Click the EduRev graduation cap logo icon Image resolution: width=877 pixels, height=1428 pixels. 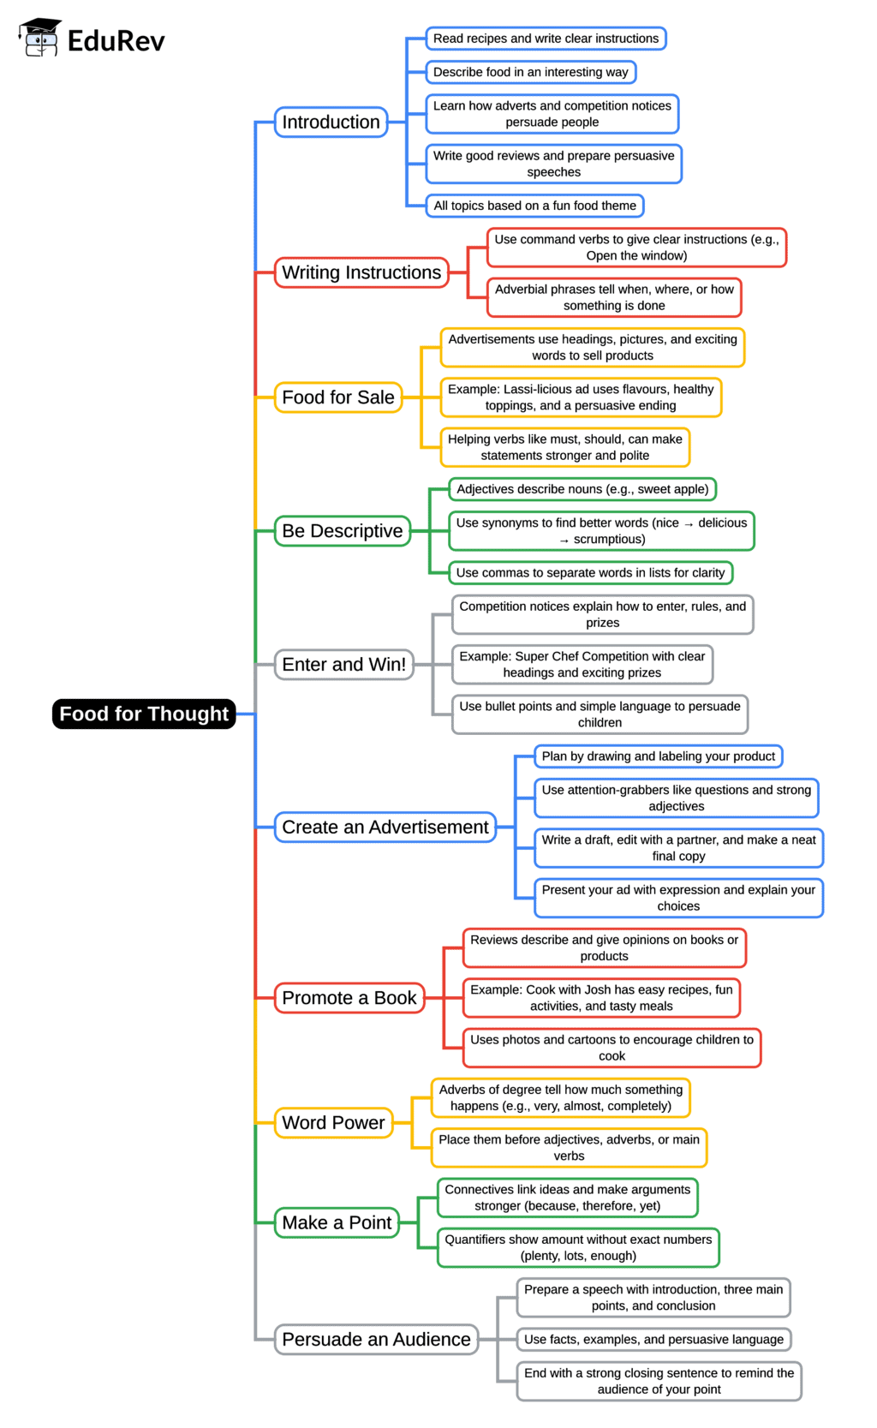click(x=39, y=39)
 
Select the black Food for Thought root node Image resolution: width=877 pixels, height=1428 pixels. click(x=144, y=714)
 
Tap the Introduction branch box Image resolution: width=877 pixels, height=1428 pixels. click(x=331, y=122)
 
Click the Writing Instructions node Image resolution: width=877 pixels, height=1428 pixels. click(x=361, y=272)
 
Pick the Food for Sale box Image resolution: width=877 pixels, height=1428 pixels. click(x=338, y=397)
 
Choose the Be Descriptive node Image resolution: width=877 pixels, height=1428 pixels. click(x=342, y=531)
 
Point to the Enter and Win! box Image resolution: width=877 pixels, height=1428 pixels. click(x=343, y=665)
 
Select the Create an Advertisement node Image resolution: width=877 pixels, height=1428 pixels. click(x=385, y=828)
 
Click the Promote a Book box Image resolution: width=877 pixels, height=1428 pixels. click(x=349, y=998)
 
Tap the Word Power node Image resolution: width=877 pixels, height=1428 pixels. click(x=333, y=1123)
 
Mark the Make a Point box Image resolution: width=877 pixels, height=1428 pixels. click(x=337, y=1223)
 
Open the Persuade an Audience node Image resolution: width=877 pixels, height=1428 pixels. click(x=376, y=1340)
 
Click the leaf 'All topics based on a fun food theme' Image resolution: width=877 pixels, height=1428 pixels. click(x=534, y=206)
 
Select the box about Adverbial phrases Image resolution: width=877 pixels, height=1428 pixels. click(x=614, y=297)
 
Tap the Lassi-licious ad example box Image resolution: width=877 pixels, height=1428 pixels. click(x=581, y=397)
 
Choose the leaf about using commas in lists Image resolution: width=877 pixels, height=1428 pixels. click(x=590, y=573)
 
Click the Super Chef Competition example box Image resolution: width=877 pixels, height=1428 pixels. click(x=582, y=665)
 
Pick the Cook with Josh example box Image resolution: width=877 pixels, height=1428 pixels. click(x=601, y=998)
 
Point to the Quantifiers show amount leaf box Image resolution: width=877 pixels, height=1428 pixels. click(x=578, y=1248)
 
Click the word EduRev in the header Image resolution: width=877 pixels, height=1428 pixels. click(x=116, y=40)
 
